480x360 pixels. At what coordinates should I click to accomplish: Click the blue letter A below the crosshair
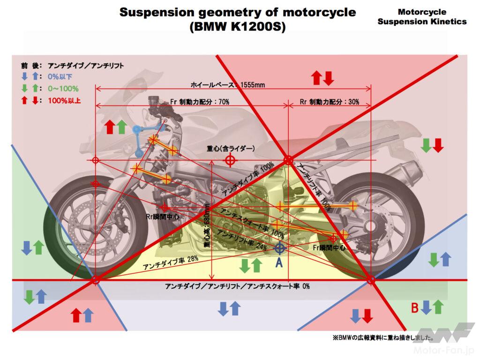(x=279, y=263)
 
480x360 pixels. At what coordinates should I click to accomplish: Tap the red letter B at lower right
(x=414, y=308)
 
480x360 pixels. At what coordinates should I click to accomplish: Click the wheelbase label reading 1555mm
(x=228, y=85)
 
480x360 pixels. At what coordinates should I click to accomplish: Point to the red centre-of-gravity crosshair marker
(x=230, y=160)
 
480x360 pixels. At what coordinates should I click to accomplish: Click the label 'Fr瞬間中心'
(x=331, y=247)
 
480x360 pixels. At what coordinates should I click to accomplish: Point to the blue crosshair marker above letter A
(x=279, y=247)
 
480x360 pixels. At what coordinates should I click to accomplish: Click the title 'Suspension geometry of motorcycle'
(x=237, y=13)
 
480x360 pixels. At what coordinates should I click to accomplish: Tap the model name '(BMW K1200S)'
(x=237, y=27)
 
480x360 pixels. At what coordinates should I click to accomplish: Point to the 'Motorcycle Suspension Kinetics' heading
(x=422, y=17)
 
